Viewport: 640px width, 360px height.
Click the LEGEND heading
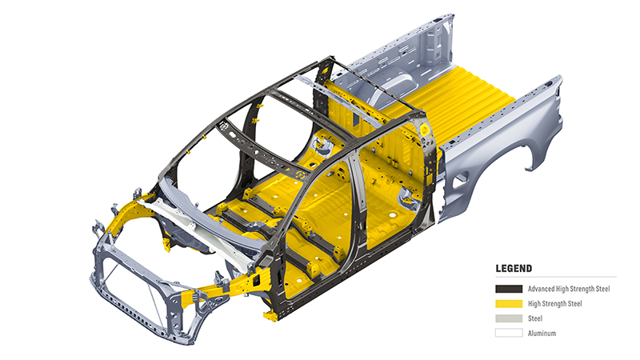tap(514, 269)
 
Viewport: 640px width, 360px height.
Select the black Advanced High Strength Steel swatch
tap(509, 289)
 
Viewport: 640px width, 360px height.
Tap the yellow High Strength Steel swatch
tap(509, 304)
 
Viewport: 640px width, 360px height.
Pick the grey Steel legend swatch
tap(509, 318)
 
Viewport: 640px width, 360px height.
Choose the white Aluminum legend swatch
tap(509, 333)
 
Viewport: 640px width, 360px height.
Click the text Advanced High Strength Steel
tap(569, 289)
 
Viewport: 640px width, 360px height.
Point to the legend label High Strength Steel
tap(554, 304)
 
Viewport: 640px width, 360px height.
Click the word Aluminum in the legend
tap(542, 333)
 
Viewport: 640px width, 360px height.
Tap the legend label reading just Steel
tap(535, 318)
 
